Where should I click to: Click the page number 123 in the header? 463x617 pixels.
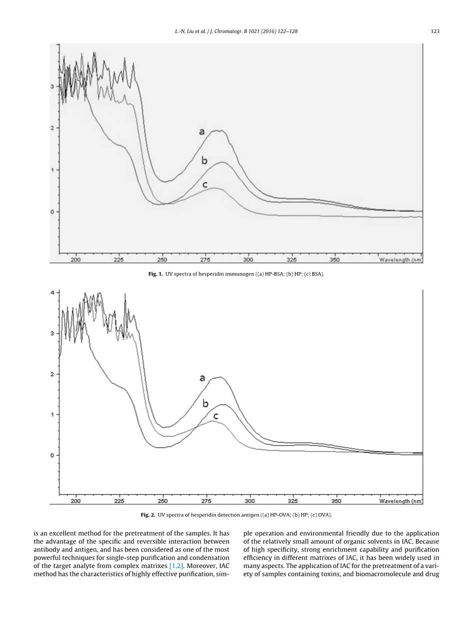point(434,31)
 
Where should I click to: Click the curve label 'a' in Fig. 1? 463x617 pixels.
point(202,132)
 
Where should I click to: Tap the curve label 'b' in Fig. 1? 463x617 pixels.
point(204,161)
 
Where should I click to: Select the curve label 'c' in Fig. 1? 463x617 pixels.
point(205,185)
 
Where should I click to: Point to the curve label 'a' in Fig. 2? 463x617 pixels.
point(202,378)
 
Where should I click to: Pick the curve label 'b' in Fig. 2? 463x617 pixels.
point(205,403)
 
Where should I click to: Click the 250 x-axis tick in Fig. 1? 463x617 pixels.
point(162,260)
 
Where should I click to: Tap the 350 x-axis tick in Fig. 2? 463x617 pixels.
point(336,500)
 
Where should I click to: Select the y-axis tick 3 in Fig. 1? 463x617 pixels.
point(52,86)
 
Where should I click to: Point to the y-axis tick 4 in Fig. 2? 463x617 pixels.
point(52,292)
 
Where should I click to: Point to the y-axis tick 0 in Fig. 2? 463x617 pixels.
point(52,455)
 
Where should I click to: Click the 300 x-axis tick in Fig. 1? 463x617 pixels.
point(249,260)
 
